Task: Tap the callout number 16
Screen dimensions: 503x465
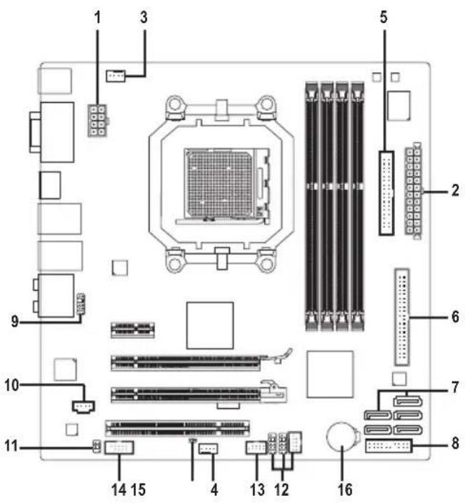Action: (x=344, y=491)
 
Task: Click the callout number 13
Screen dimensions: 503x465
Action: (x=254, y=491)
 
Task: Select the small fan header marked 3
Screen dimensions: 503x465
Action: (x=114, y=74)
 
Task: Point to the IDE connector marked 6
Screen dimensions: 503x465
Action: (x=402, y=315)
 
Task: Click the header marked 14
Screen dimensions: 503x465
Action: (x=119, y=448)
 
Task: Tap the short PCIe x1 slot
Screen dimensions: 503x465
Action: (x=133, y=330)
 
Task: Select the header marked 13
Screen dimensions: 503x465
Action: (x=256, y=448)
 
